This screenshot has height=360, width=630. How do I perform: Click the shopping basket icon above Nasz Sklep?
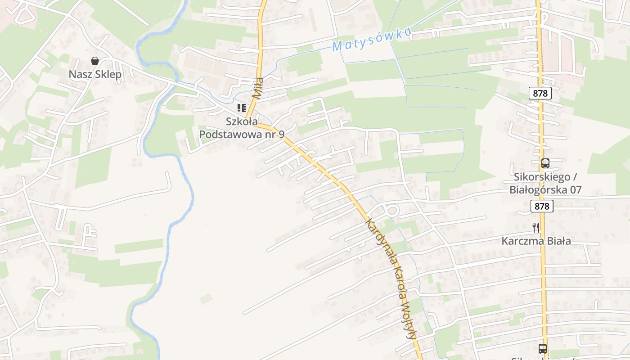95,61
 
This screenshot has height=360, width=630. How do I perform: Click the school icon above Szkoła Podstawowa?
242,108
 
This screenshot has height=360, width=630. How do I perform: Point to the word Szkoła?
242,121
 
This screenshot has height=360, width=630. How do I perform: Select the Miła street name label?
258,88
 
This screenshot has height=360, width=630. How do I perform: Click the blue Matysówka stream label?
372,40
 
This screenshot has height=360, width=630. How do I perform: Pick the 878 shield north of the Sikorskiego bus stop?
540,93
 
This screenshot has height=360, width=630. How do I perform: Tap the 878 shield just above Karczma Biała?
542,206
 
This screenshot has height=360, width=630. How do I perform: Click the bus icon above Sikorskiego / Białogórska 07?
545,163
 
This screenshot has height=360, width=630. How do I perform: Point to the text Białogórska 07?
545,190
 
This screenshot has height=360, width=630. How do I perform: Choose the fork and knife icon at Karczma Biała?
536,228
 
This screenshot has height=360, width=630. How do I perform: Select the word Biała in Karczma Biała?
559,241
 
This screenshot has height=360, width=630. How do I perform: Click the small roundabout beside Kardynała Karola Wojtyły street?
391,211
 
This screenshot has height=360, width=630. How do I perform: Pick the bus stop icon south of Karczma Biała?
543,348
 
